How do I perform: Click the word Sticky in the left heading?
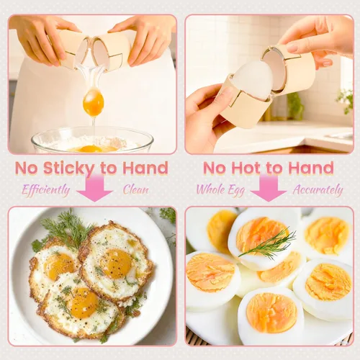70,168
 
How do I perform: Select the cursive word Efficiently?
46,190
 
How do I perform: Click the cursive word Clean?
136,189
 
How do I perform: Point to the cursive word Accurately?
318,190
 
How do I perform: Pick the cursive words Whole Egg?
220,190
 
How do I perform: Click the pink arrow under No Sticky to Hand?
95,189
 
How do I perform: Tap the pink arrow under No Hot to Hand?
269,189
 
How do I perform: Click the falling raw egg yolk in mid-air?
94,102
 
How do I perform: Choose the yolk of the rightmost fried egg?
117,264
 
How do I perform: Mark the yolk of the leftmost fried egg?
59,266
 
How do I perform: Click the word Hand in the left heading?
145,168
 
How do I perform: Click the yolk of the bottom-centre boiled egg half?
271,312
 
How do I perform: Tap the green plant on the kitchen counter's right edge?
345,99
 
